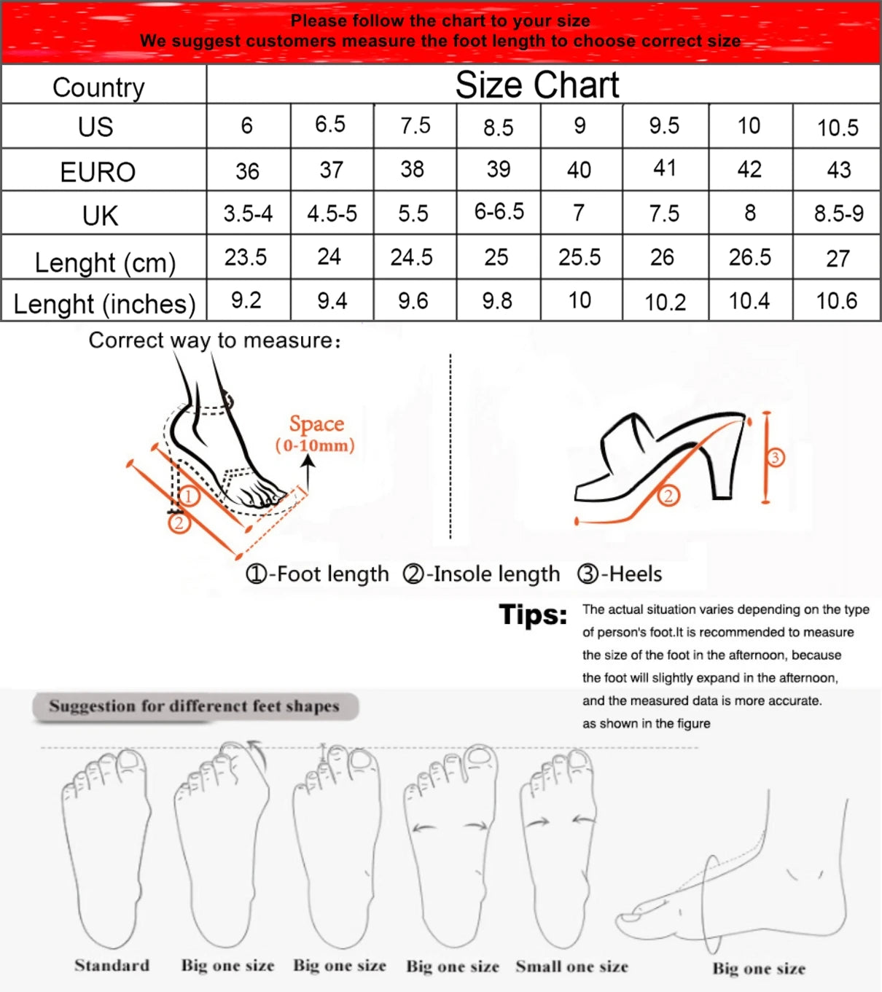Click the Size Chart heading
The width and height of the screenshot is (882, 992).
[537, 85]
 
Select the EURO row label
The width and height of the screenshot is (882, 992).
[98, 172]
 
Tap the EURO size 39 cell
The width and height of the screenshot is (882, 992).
[499, 169]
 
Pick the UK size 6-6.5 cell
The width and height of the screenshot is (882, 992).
[499, 212]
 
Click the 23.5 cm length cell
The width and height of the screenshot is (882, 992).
[246, 257]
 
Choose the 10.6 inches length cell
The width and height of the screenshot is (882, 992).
[836, 300]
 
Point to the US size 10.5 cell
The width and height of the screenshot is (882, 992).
[838, 128]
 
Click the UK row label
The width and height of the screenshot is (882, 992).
[100, 216]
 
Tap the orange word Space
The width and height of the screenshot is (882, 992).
[316, 423]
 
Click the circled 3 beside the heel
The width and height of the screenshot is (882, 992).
[775, 458]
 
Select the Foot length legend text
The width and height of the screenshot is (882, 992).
[318, 574]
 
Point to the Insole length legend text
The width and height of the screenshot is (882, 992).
[482, 574]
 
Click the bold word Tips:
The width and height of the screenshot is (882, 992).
[533, 615]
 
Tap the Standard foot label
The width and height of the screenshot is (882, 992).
[112, 965]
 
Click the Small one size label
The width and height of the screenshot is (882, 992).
[571, 966]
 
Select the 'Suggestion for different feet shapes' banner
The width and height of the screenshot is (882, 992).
[195, 706]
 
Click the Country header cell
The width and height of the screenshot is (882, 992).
[98, 87]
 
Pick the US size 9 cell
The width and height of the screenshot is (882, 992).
[580, 125]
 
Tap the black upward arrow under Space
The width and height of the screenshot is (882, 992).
[308, 473]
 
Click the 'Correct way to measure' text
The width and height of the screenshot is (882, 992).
[214, 340]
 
